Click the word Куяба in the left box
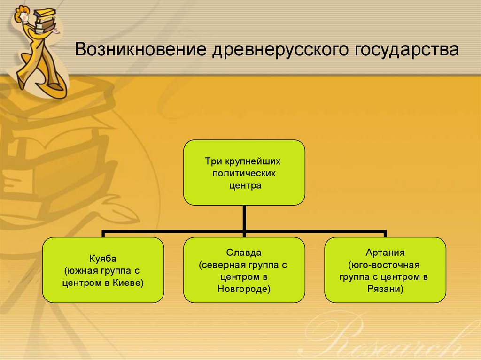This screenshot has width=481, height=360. tap(103, 259)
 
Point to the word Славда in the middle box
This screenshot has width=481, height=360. tap(244, 253)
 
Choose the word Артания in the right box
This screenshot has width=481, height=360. tap(385, 253)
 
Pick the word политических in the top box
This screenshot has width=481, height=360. tap(244, 173)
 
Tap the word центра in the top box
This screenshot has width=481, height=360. tap(244, 185)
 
